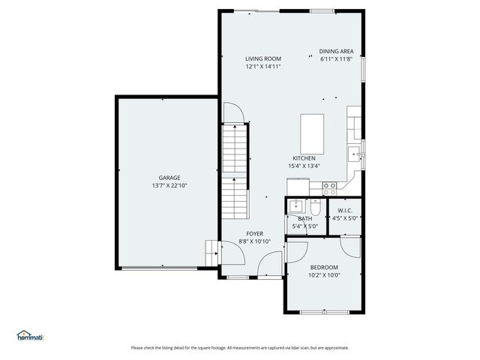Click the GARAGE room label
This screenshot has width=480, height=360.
[x=169, y=178]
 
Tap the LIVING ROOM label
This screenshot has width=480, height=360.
[x=263, y=58]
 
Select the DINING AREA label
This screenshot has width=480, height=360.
[x=337, y=52]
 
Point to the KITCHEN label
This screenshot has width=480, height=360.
[x=304, y=158]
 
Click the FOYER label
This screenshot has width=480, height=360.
[x=255, y=234]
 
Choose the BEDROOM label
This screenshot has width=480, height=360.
[x=324, y=267]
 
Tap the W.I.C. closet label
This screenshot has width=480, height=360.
[x=345, y=211]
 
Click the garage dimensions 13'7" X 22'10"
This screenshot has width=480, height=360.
[x=169, y=185]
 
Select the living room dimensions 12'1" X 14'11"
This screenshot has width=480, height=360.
[x=263, y=67]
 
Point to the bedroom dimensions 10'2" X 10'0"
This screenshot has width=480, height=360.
[x=324, y=275]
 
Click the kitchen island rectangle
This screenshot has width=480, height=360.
[x=312, y=134]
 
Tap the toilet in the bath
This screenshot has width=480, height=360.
[x=315, y=208]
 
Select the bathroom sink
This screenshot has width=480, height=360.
[x=296, y=205]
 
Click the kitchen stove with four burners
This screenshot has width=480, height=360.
[x=329, y=188]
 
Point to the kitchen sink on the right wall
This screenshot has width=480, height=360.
[x=354, y=154]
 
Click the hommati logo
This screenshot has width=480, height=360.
[x=30, y=336]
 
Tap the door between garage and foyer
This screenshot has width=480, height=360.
[x=232, y=253]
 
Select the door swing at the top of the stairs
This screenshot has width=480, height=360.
[x=234, y=112]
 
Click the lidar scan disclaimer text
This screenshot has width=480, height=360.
[x=240, y=348]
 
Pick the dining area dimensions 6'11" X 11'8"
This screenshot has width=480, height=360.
[x=337, y=59]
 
